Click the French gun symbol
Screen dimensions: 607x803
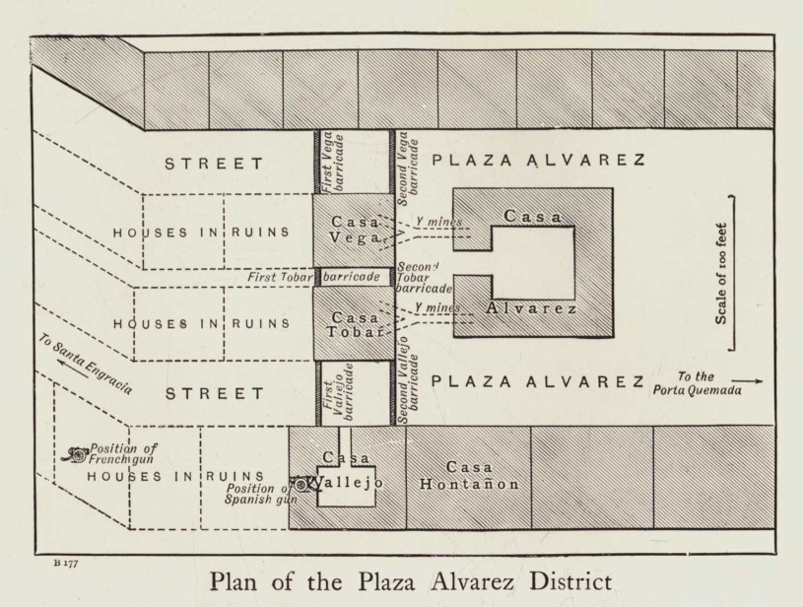pos(74,454)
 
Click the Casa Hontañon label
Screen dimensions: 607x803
pos(468,475)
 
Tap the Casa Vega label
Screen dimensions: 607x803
pos(352,231)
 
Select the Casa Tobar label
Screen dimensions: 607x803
pos(352,325)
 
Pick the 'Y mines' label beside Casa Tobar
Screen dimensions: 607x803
pos(435,308)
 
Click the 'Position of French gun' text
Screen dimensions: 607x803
pos(123,454)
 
